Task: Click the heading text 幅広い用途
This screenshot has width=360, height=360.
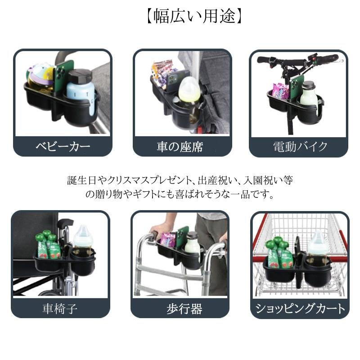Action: pos(194,16)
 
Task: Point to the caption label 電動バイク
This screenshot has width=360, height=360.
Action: pos(300,147)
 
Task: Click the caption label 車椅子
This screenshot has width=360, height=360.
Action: pos(60,308)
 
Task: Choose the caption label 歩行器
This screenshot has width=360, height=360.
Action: pos(184,309)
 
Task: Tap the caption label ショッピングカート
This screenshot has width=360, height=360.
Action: pos(300,308)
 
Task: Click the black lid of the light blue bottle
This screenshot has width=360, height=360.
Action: pos(80,76)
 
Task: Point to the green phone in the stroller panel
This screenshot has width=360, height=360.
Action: pos(64,76)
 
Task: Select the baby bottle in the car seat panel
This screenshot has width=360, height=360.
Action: pos(189,90)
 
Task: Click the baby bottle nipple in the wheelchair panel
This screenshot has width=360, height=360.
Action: pos(83,231)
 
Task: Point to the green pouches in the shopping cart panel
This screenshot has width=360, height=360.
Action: pos(277,254)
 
